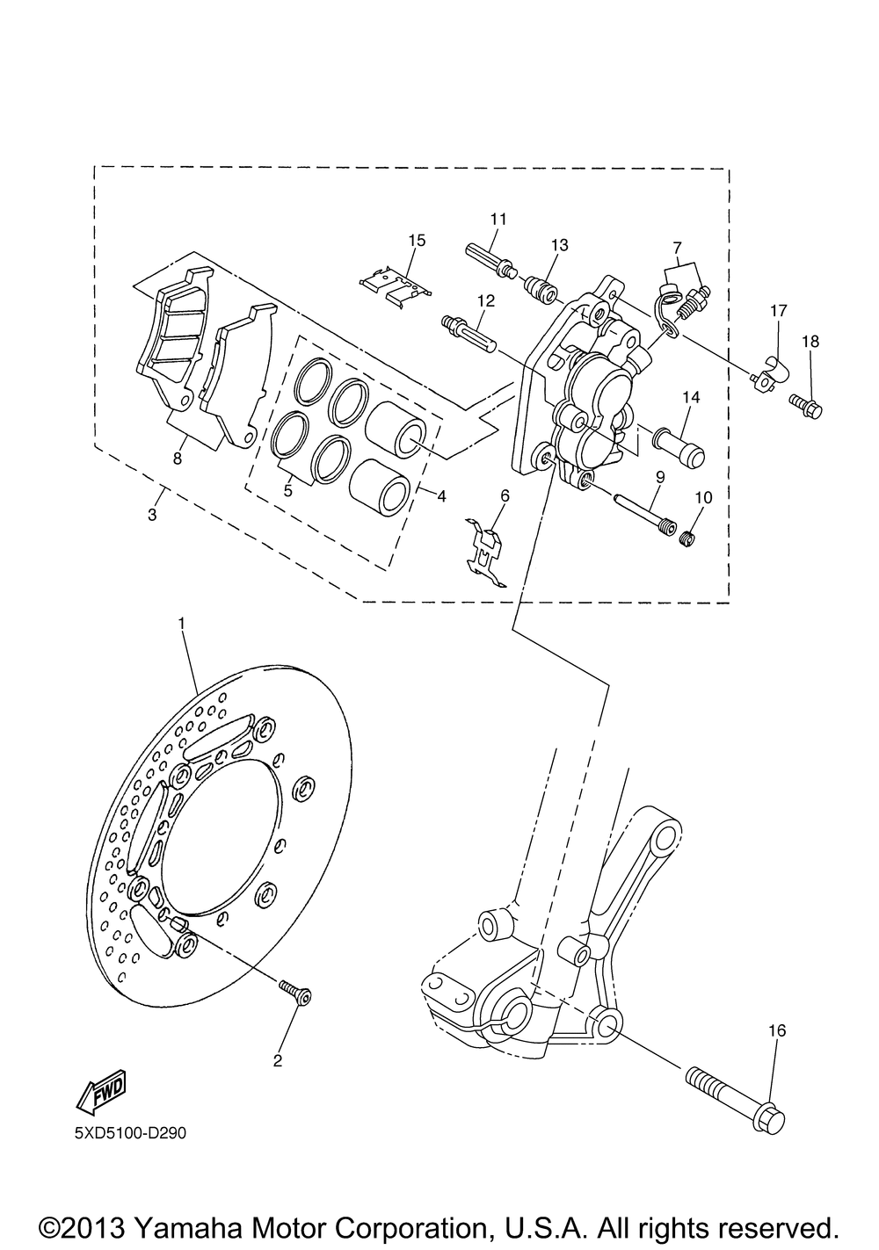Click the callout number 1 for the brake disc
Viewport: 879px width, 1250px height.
pos(181,622)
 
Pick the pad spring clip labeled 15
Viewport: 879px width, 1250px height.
pos(395,284)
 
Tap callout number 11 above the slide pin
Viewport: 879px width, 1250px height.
pos(498,219)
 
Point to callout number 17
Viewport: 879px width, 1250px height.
pos(779,311)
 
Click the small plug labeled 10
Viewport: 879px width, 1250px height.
pos(690,539)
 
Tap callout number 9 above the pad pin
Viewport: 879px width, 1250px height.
pos(660,477)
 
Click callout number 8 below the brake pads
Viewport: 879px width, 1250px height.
pos(177,459)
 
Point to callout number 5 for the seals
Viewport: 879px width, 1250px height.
pos(287,490)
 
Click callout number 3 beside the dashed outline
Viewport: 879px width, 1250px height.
pos(152,515)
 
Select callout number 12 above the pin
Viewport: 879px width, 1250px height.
pos(486,301)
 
